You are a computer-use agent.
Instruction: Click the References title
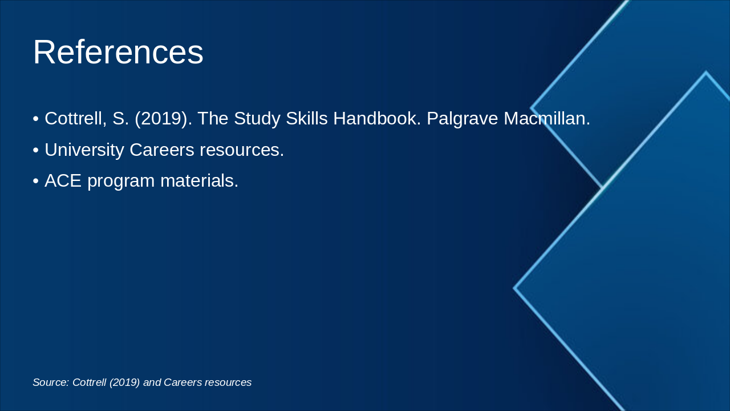(118, 52)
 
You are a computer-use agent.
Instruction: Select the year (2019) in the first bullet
(163, 118)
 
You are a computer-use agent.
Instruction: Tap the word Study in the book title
(257, 119)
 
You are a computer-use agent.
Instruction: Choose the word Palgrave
(462, 119)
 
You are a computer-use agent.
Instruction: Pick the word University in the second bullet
(84, 150)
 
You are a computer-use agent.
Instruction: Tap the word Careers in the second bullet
(162, 150)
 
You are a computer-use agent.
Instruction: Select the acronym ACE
(63, 181)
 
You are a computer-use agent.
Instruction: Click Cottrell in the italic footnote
(90, 382)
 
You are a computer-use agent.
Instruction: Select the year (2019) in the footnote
(124, 382)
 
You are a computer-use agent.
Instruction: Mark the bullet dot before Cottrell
(36, 119)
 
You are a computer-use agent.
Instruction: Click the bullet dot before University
(36, 150)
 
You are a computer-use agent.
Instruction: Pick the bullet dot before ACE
(36, 182)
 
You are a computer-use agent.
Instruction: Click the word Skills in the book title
(306, 118)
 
